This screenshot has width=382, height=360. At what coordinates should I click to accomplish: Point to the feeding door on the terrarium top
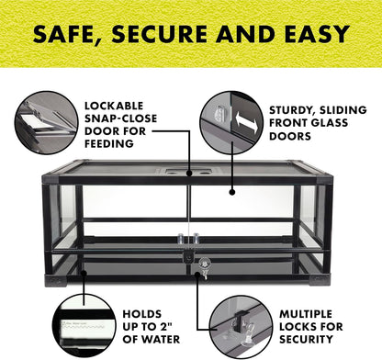coord(187,170)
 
